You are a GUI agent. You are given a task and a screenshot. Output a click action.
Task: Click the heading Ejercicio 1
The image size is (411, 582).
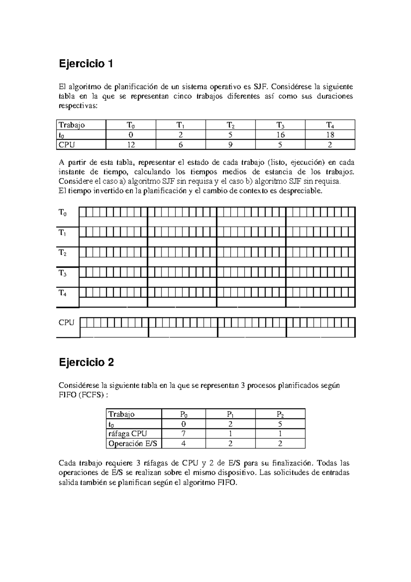86,64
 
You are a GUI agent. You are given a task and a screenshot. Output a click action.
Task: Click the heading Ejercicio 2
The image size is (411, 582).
86,362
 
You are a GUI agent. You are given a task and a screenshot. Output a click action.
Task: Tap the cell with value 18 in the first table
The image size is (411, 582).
330,135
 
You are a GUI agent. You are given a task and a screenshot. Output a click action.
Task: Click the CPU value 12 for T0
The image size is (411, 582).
131,145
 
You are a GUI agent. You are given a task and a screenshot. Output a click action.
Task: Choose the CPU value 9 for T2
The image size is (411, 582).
231,145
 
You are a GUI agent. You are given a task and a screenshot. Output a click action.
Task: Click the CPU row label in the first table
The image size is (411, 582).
66,145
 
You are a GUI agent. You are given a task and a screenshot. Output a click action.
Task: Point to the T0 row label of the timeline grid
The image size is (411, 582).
63,213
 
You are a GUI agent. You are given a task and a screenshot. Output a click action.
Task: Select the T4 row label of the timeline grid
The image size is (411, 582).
63,293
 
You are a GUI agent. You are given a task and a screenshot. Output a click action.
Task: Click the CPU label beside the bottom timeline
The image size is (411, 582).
66,323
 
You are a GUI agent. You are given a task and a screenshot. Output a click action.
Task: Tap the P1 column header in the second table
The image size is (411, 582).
231,414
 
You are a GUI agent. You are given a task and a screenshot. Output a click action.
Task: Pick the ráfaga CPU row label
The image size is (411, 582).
127,434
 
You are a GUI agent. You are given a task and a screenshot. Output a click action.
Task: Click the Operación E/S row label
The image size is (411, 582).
133,444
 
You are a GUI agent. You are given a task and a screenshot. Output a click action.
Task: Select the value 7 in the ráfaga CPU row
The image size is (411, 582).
184,434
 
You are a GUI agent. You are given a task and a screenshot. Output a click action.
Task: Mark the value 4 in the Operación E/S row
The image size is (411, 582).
184,444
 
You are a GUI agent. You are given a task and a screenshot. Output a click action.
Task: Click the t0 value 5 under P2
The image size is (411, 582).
280,424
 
